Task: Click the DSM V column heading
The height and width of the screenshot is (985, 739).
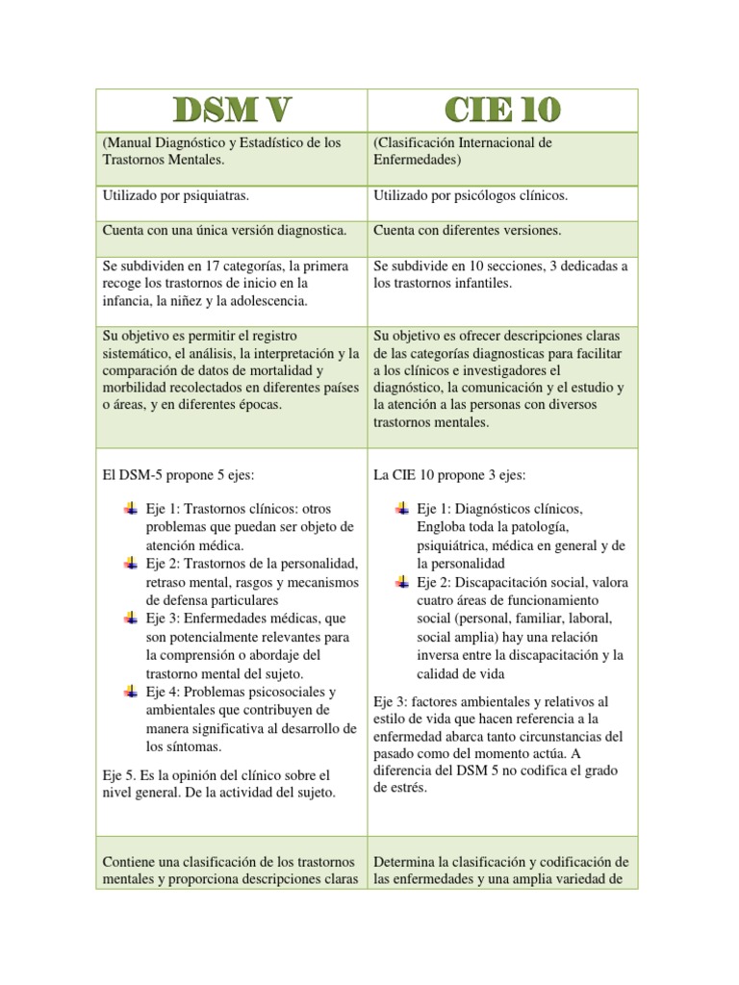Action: pyautogui.click(x=231, y=111)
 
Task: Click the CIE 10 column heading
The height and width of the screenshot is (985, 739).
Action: pyautogui.click(x=502, y=111)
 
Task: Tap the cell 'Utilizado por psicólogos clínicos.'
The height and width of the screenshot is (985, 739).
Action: pyautogui.click(x=470, y=195)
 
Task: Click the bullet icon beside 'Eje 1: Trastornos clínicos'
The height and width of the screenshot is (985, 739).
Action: pyautogui.click(x=131, y=508)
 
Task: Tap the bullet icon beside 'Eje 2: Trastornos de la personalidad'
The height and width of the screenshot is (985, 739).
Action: pyautogui.click(x=131, y=563)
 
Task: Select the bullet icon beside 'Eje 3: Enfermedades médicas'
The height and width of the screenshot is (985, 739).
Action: pyautogui.click(x=131, y=618)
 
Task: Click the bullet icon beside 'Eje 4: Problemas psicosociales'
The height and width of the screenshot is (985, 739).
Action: pyautogui.click(x=131, y=692)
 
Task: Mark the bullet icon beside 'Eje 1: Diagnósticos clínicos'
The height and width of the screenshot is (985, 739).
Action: pyautogui.click(x=402, y=508)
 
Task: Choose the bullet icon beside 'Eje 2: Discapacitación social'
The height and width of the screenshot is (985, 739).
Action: pyautogui.click(x=402, y=581)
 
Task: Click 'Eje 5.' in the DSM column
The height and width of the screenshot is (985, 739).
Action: pyautogui.click(x=120, y=774)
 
